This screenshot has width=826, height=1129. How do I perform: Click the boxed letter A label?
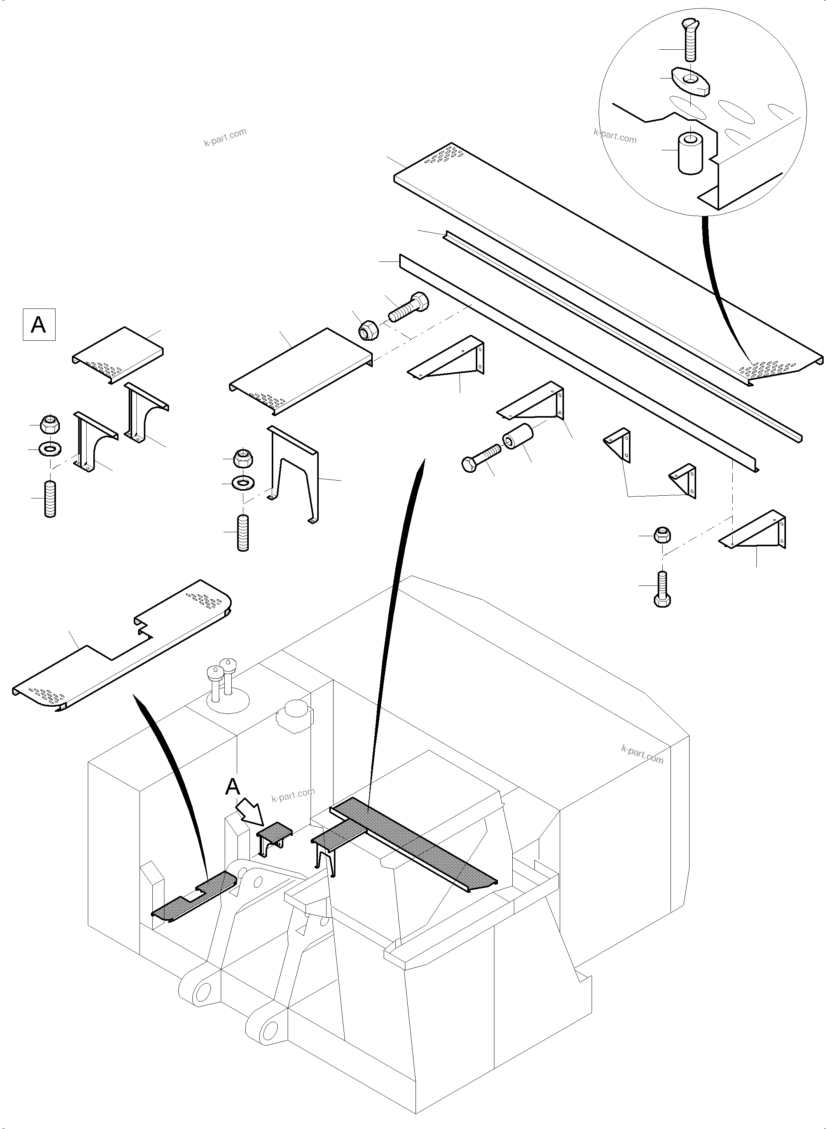[39, 325]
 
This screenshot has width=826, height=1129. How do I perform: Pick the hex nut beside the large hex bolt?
[369, 329]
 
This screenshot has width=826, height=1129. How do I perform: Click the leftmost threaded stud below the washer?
[50, 498]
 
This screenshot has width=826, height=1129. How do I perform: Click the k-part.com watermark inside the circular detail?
[615, 136]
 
